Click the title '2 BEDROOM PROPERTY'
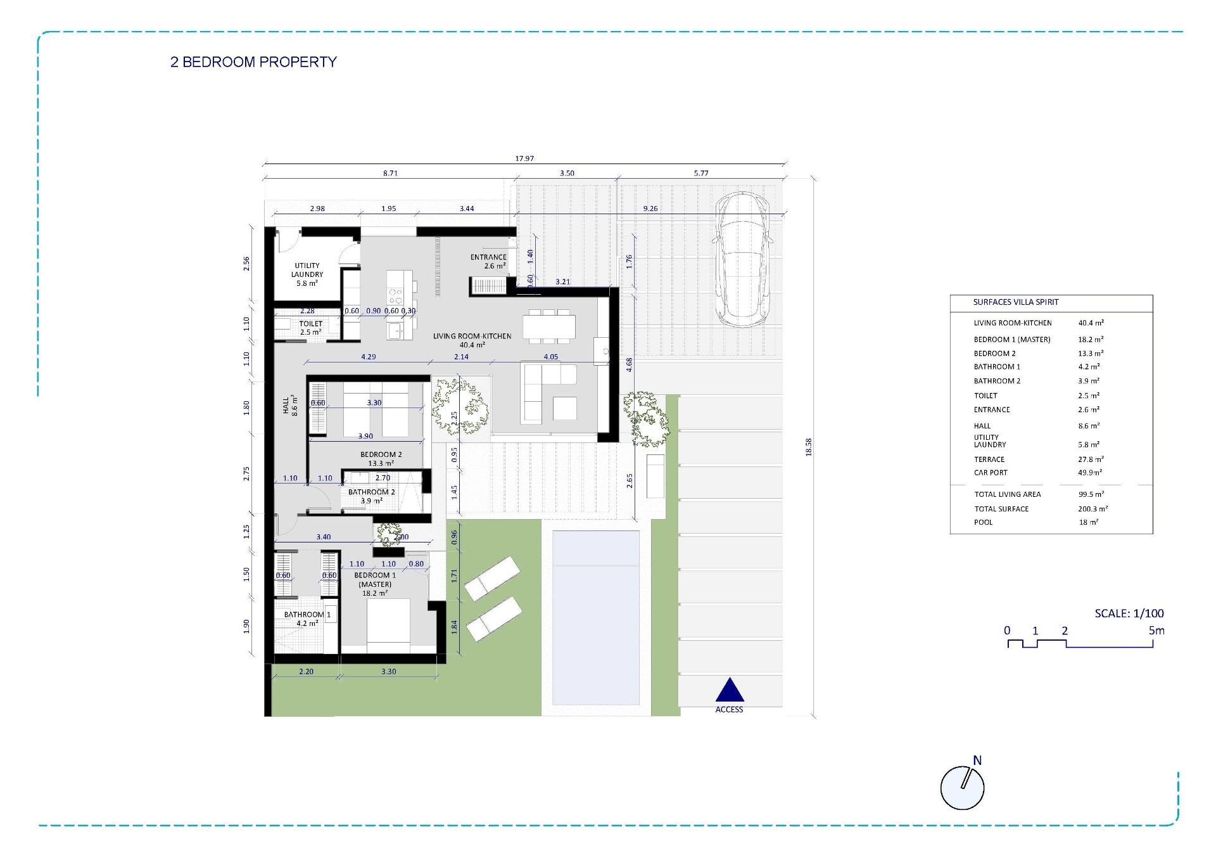point(253,62)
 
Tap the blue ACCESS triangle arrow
point(730,691)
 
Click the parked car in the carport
point(742,260)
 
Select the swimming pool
point(596,618)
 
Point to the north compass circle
point(962,788)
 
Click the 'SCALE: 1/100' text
point(1129,613)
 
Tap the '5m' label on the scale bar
point(1156,631)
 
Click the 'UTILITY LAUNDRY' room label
point(307,270)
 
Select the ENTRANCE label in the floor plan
point(488,257)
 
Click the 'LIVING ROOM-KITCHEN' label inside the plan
point(472,336)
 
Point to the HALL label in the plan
point(286,406)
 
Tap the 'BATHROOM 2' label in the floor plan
point(372,492)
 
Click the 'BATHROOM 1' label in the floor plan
point(307,614)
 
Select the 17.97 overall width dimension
point(524,159)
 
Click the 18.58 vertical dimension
point(809,447)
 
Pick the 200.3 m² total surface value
point(1093,509)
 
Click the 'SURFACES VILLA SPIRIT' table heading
point(1016,302)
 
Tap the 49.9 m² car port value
point(1090,473)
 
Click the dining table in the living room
point(549,327)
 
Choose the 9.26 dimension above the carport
point(650,209)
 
